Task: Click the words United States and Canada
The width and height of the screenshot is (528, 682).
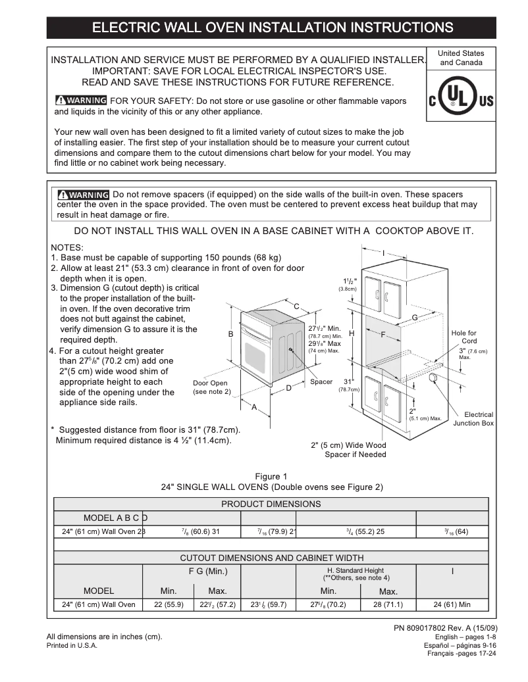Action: tap(461, 58)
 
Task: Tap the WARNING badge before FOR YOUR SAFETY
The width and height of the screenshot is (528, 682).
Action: tap(80, 101)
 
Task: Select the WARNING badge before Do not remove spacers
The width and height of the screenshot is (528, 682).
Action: tap(83, 195)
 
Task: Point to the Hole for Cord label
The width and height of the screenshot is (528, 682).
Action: tap(463, 337)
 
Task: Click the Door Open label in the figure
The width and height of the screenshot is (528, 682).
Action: tap(210, 387)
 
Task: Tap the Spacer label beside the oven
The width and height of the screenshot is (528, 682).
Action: tap(321, 382)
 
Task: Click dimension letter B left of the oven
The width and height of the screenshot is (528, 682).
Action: tap(231, 334)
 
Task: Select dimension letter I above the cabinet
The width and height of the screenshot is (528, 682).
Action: tap(383, 253)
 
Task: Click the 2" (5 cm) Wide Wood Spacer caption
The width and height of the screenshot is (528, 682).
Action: tap(348, 450)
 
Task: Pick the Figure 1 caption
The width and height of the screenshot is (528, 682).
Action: tap(271, 476)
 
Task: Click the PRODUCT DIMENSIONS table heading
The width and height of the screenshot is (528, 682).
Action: tap(271, 504)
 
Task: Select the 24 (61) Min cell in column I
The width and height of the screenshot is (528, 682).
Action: tap(452, 604)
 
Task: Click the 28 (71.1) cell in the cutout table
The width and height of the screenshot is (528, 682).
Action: tap(388, 604)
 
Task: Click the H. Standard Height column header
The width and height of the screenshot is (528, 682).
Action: tap(356, 573)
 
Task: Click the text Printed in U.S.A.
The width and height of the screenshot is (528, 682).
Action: tap(72, 646)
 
